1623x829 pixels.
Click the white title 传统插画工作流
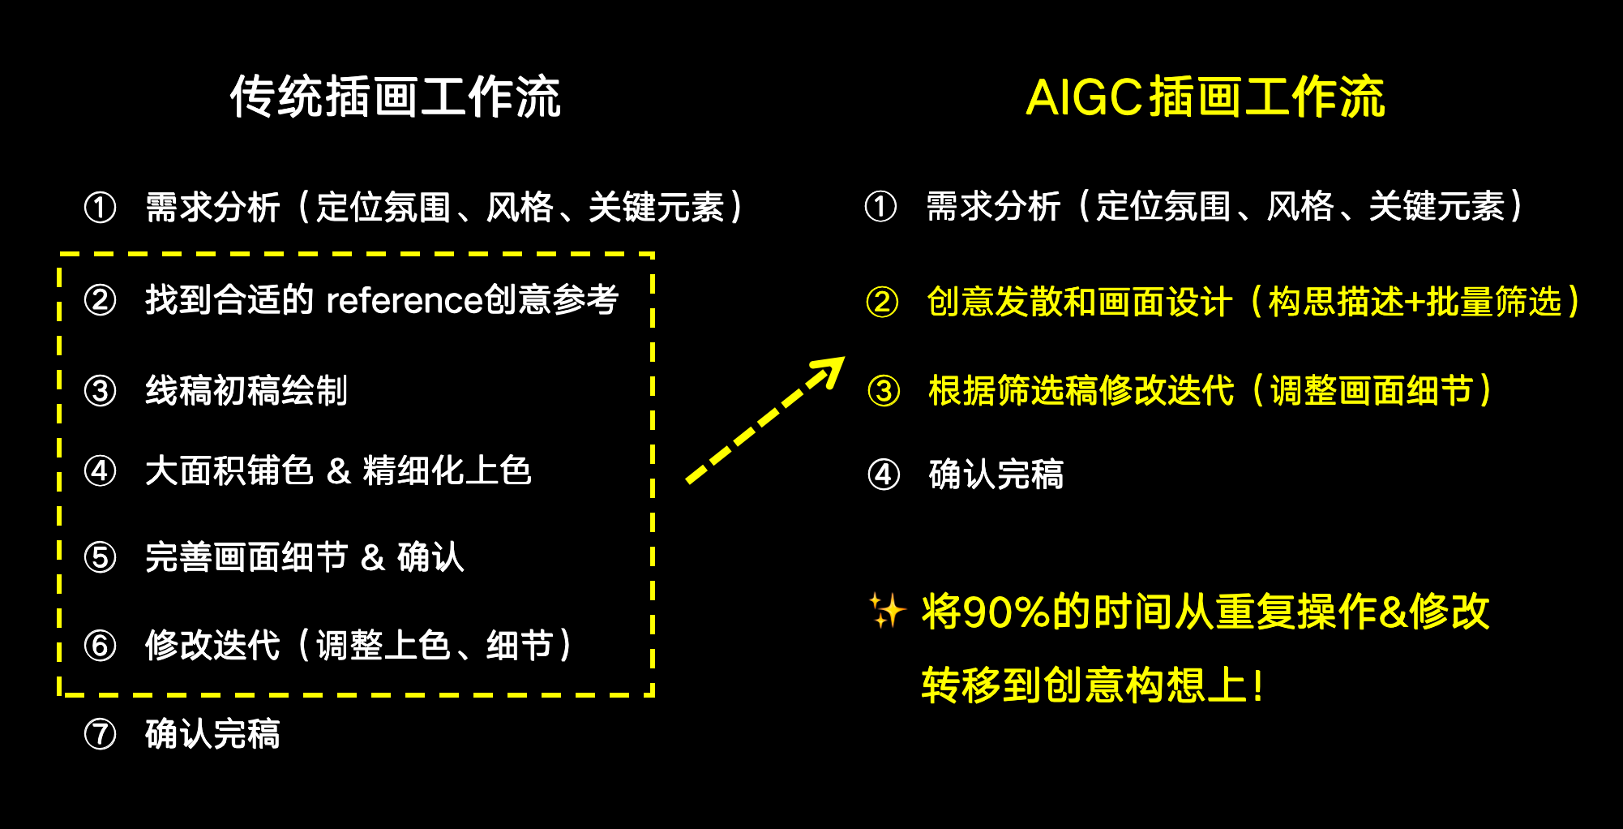click(396, 97)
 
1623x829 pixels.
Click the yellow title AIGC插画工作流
click(1205, 97)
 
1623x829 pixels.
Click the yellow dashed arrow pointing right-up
click(765, 419)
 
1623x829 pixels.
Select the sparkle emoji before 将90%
click(887, 611)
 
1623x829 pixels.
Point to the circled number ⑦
click(101, 735)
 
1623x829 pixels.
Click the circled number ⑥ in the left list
click(101, 646)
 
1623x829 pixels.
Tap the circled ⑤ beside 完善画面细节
click(101, 558)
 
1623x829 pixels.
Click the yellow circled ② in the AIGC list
click(882, 303)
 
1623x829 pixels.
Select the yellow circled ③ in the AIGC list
click(884, 391)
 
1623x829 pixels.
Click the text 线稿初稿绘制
click(246, 391)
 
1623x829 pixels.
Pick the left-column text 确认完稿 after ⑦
click(213, 735)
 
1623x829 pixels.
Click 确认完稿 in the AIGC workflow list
click(996, 475)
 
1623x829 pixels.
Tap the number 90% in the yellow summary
click(1008, 612)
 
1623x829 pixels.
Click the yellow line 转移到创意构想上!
click(1092, 685)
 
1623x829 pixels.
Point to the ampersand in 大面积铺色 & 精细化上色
click(339, 471)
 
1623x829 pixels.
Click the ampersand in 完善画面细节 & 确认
click(373, 558)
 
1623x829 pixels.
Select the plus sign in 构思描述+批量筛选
click(1415, 303)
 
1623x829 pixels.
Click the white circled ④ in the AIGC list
click(884, 475)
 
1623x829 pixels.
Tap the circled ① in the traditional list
click(101, 208)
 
